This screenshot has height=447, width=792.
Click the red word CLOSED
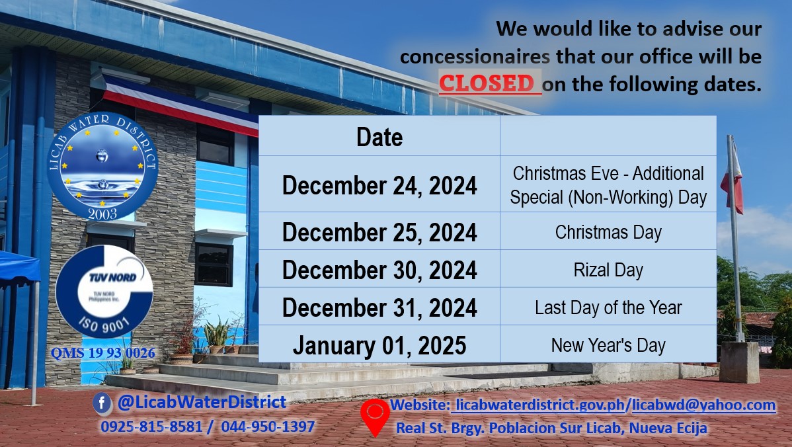[x=487, y=83]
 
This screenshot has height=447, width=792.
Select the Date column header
[x=379, y=136]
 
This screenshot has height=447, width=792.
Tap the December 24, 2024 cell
[x=379, y=184]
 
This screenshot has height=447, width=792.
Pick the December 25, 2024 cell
[x=379, y=231]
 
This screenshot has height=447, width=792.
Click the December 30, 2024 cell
[x=379, y=269]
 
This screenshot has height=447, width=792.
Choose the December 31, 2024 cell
[x=379, y=307]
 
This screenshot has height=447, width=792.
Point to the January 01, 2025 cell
[x=379, y=344]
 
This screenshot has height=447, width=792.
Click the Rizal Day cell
[x=608, y=269]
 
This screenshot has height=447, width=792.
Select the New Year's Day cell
[x=608, y=344]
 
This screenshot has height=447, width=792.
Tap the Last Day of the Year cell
[x=608, y=307]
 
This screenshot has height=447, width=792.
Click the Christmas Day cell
[x=608, y=231]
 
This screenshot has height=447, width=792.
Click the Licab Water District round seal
[x=102, y=166]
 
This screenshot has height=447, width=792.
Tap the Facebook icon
[x=102, y=403]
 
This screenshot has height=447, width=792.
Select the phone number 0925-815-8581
[x=151, y=427]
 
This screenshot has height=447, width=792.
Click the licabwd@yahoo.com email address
[x=703, y=405]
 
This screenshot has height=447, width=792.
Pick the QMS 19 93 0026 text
[x=103, y=352]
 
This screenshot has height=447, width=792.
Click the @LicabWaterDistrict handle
[x=202, y=402]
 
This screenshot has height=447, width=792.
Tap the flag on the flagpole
[x=733, y=177]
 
